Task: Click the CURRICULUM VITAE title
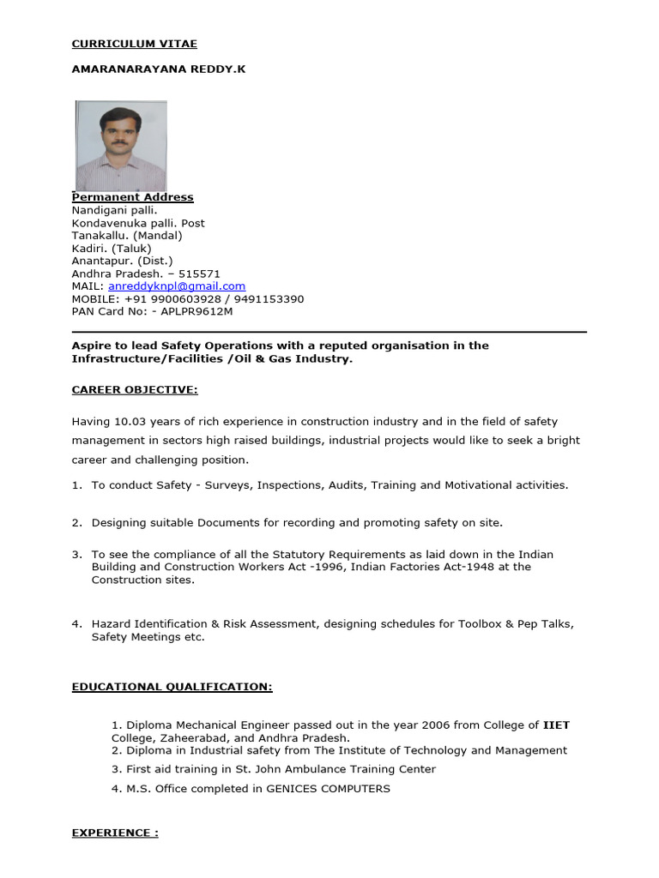134,44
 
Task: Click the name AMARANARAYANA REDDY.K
158,69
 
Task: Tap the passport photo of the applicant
121,146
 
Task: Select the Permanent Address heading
132,197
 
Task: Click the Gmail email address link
177,286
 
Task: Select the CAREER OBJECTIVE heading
134,390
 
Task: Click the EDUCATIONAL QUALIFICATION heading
172,687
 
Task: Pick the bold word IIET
556,725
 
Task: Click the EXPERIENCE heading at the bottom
114,833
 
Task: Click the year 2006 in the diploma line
399,725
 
